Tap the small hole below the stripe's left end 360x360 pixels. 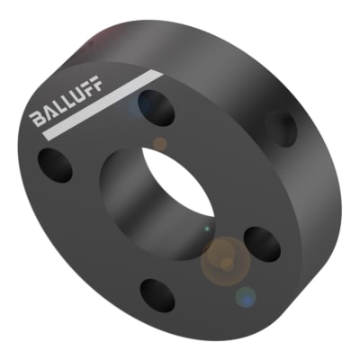(x=55, y=164)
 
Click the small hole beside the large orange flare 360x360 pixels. (x=263, y=242)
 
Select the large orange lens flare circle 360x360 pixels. (x=223, y=258)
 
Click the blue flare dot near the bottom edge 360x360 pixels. (x=245, y=295)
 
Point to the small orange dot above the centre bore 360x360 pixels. (x=159, y=143)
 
